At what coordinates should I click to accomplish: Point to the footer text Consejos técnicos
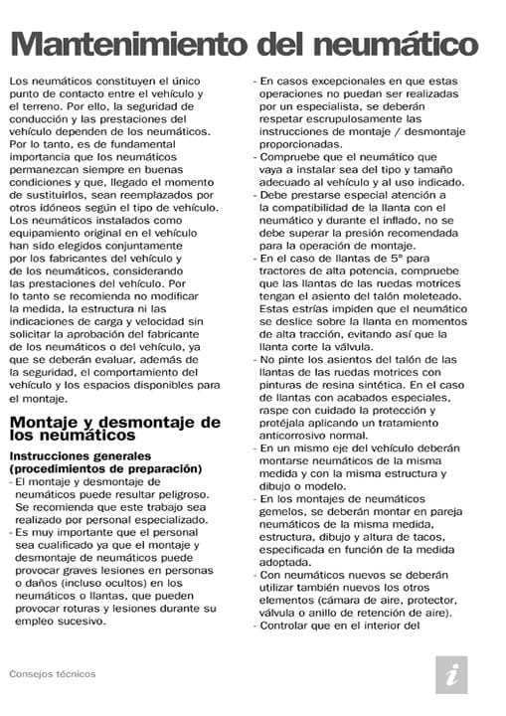point(52,673)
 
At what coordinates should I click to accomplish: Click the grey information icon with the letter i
point(451,673)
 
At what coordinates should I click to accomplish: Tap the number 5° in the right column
point(390,261)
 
